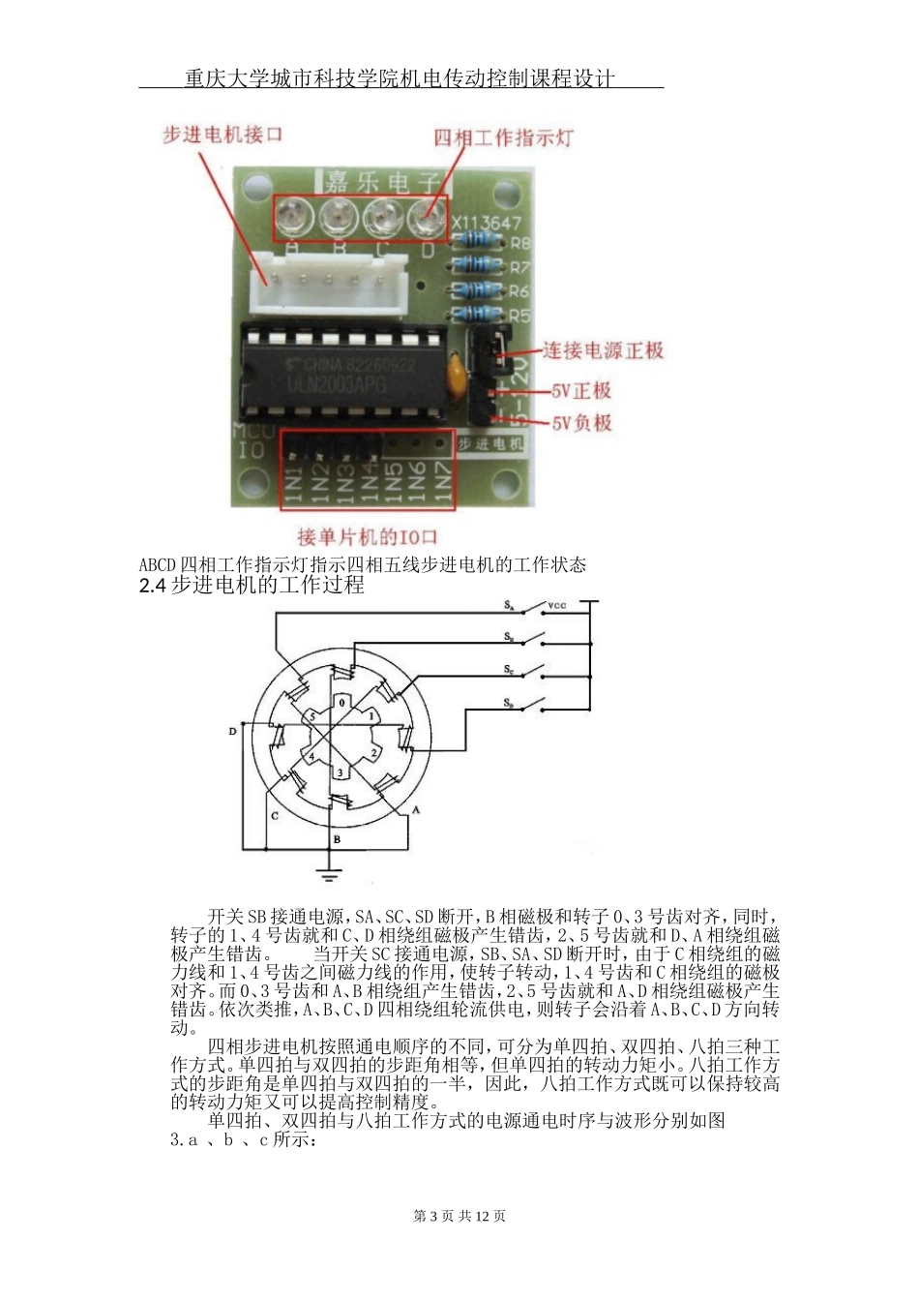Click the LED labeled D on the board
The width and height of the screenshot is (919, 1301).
[427, 217]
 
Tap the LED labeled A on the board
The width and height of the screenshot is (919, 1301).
[291, 217]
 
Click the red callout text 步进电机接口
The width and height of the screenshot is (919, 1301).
[222, 135]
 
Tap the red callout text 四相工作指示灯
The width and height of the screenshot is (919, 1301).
[502, 137]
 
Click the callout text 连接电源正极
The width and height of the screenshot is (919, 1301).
[603, 350]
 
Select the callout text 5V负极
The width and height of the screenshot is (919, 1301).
[581, 423]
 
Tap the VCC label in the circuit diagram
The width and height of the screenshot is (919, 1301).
[557, 606]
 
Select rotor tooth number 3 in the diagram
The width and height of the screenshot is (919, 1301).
[339, 772]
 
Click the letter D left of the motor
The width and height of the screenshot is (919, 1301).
[232, 732]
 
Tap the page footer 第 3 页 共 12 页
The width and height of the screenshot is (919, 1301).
[459, 1216]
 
